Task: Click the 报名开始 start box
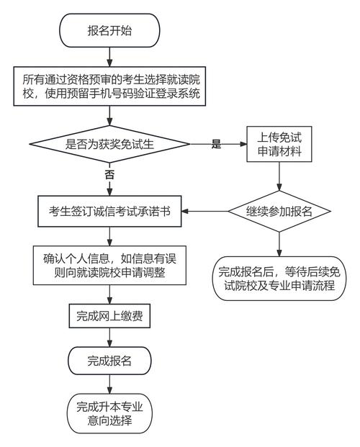pos(109,30)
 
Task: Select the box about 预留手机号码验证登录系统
pos(109,86)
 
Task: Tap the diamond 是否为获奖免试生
pos(109,145)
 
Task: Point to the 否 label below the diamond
pos(109,175)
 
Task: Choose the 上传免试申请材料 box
pos(279,145)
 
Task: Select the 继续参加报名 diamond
pos(279,211)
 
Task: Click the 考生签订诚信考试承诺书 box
pos(109,211)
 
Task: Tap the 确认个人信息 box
pos(109,266)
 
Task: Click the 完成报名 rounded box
pos(109,359)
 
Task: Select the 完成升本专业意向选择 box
pos(109,412)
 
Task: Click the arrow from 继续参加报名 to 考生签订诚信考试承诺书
pos(205,211)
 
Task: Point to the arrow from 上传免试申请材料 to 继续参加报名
pos(279,177)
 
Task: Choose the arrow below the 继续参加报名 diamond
pos(279,244)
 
